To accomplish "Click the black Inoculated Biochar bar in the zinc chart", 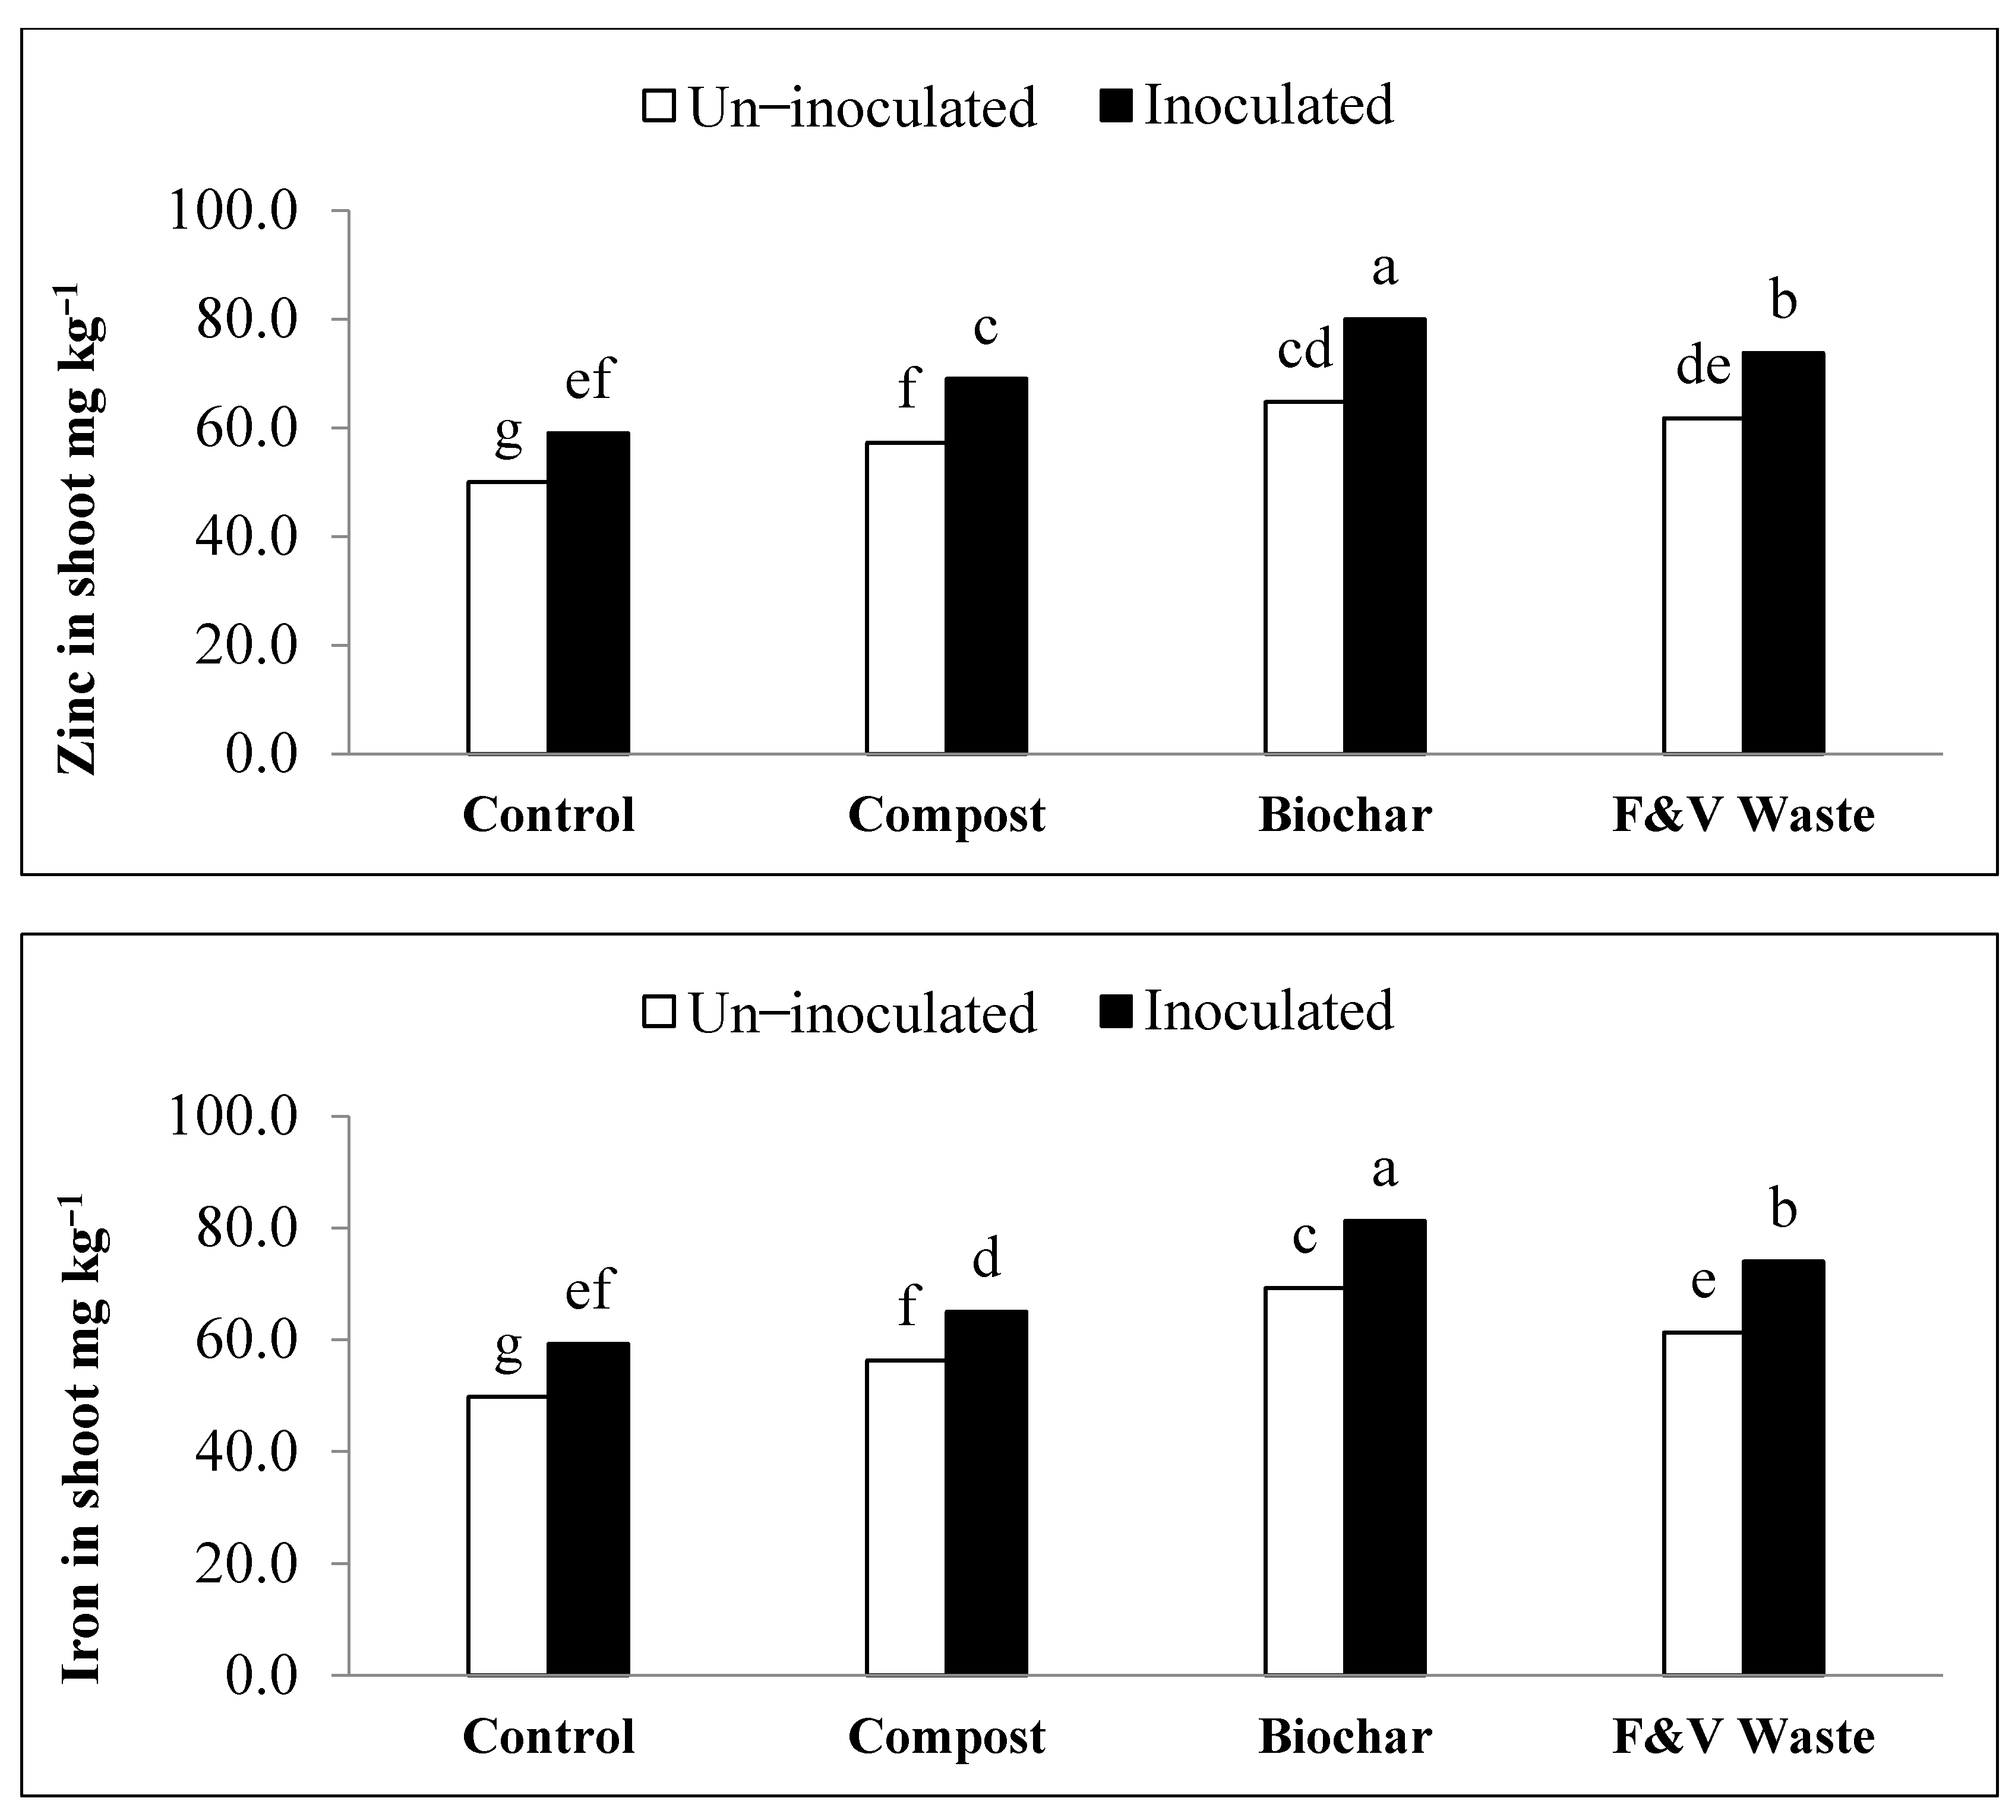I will (1384, 536).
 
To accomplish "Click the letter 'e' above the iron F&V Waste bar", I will (1703, 1280).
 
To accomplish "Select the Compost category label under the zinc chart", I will (946, 815).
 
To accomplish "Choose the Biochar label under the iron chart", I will (1344, 1736).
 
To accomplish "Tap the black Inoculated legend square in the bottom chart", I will (1116, 1012).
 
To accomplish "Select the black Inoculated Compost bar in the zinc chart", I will (986, 565).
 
